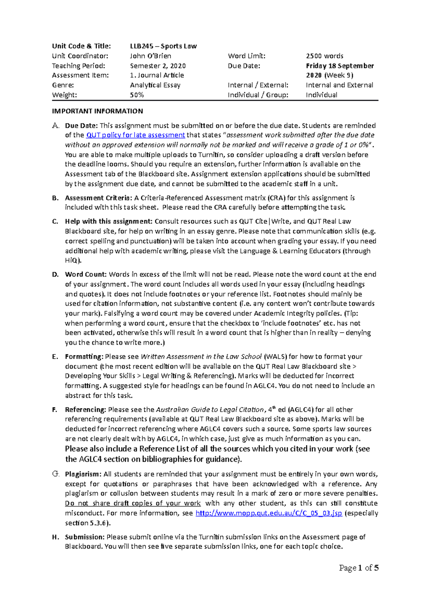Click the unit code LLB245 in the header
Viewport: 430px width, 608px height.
pos(142,46)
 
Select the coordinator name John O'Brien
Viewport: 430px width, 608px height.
pos(150,56)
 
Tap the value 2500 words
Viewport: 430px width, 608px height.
pos(324,56)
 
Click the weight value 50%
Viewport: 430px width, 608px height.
pos(137,95)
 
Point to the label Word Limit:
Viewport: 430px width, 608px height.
pos(247,56)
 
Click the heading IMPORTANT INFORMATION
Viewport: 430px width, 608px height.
pos(97,111)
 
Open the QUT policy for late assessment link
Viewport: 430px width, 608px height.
pos(135,135)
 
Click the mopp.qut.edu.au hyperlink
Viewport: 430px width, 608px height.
pos(268,513)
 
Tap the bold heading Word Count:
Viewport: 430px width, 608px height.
pos(86,274)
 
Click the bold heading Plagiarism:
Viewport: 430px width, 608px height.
pos(83,474)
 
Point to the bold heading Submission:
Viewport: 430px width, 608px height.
pos(85,537)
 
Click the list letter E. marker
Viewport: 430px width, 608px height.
pos(55,357)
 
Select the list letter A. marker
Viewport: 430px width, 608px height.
pos(55,126)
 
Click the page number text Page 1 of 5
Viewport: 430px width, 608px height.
pos(359,568)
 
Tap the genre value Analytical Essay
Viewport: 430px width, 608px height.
pos(155,85)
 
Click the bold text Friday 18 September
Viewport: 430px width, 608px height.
pos(339,66)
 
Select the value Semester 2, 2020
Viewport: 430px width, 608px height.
pos(158,66)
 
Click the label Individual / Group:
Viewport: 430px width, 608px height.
pos(258,95)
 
